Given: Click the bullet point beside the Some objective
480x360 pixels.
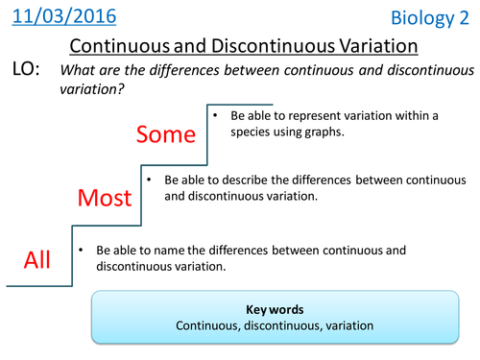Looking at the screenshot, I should point(217,116).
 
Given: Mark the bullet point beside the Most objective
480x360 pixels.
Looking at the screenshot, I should point(149,180).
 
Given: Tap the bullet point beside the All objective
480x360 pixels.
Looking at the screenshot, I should point(81,250).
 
